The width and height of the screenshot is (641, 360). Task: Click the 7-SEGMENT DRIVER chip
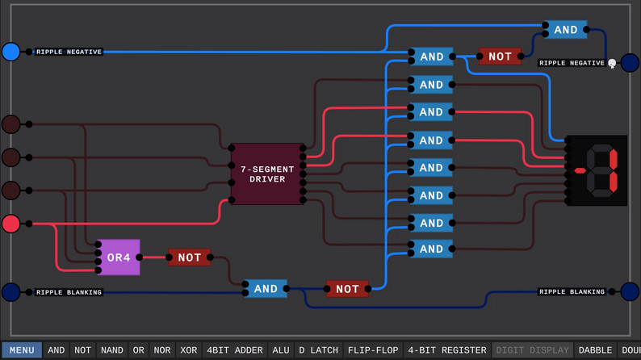[x=267, y=174]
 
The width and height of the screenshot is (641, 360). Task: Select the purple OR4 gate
[x=119, y=257]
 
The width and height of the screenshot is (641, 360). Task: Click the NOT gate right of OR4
[x=190, y=257]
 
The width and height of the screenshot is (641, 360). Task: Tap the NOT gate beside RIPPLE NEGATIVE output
[x=500, y=57]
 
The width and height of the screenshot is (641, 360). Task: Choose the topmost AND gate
[x=565, y=30]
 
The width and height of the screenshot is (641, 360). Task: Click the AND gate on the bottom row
[x=266, y=289]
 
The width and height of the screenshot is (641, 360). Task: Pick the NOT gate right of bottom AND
[x=347, y=289]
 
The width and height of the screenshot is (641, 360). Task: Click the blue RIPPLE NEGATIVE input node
[x=10, y=52]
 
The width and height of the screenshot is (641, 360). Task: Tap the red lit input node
[x=10, y=223]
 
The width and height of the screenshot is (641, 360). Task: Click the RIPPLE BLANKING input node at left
[x=10, y=291]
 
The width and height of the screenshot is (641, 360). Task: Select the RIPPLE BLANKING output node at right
[x=630, y=291]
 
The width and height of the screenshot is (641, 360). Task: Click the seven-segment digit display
[x=597, y=170]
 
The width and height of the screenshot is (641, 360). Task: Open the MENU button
[x=22, y=350]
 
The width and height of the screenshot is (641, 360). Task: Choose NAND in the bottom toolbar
[x=112, y=350]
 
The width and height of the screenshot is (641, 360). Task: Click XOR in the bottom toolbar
[x=188, y=350]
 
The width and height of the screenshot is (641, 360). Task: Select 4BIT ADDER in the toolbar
[x=235, y=350]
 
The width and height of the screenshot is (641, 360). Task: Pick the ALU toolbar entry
[x=281, y=350]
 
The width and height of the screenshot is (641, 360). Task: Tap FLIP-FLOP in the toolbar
[x=373, y=350]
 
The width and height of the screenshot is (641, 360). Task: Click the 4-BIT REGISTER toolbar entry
[x=447, y=350]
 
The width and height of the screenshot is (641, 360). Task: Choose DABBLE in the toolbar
[x=595, y=350]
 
